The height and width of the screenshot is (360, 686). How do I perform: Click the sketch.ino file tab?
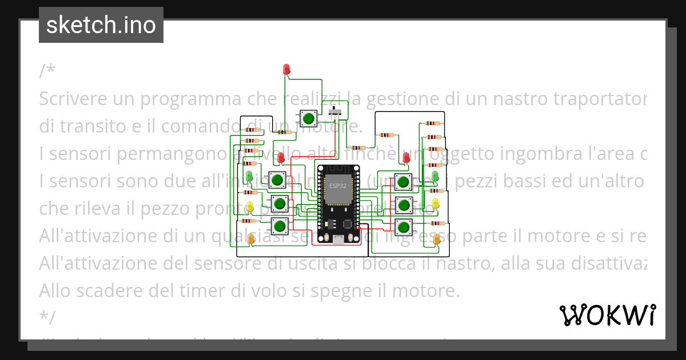pos(101,25)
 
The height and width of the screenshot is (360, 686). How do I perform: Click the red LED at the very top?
pos(287,70)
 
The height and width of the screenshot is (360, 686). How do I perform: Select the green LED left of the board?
pos(250,175)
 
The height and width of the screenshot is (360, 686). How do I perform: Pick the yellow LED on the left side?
pos(250,206)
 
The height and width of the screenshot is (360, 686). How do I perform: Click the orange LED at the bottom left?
pos(251,239)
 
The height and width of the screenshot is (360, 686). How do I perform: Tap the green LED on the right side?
pos(434,175)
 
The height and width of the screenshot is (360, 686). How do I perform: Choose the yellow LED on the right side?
pos(436,203)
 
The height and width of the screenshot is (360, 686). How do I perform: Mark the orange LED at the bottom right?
pos(437,239)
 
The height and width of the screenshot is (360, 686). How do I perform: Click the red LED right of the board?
pos(406,157)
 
